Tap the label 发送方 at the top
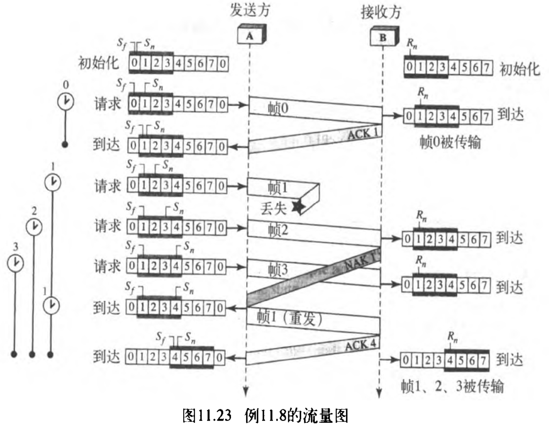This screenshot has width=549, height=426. [x=250, y=10]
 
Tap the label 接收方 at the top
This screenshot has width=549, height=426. [x=381, y=12]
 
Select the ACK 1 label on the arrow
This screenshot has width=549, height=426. [x=362, y=133]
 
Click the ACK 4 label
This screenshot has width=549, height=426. [x=360, y=345]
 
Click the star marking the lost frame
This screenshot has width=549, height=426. [x=298, y=207]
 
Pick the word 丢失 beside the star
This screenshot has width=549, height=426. [x=273, y=208]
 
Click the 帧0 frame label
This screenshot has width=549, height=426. [x=278, y=109]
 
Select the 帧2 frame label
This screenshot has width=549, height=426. [x=278, y=230]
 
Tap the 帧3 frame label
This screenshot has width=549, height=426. [x=278, y=269]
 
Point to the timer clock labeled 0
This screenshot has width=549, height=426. [x=65, y=101]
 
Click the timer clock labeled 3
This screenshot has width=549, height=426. [x=15, y=263]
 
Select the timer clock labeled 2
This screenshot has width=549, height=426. [x=34, y=227]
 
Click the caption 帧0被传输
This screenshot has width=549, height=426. [x=450, y=142]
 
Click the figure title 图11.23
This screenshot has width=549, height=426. [x=207, y=415]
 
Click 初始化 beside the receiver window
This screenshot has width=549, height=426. [x=520, y=69]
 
